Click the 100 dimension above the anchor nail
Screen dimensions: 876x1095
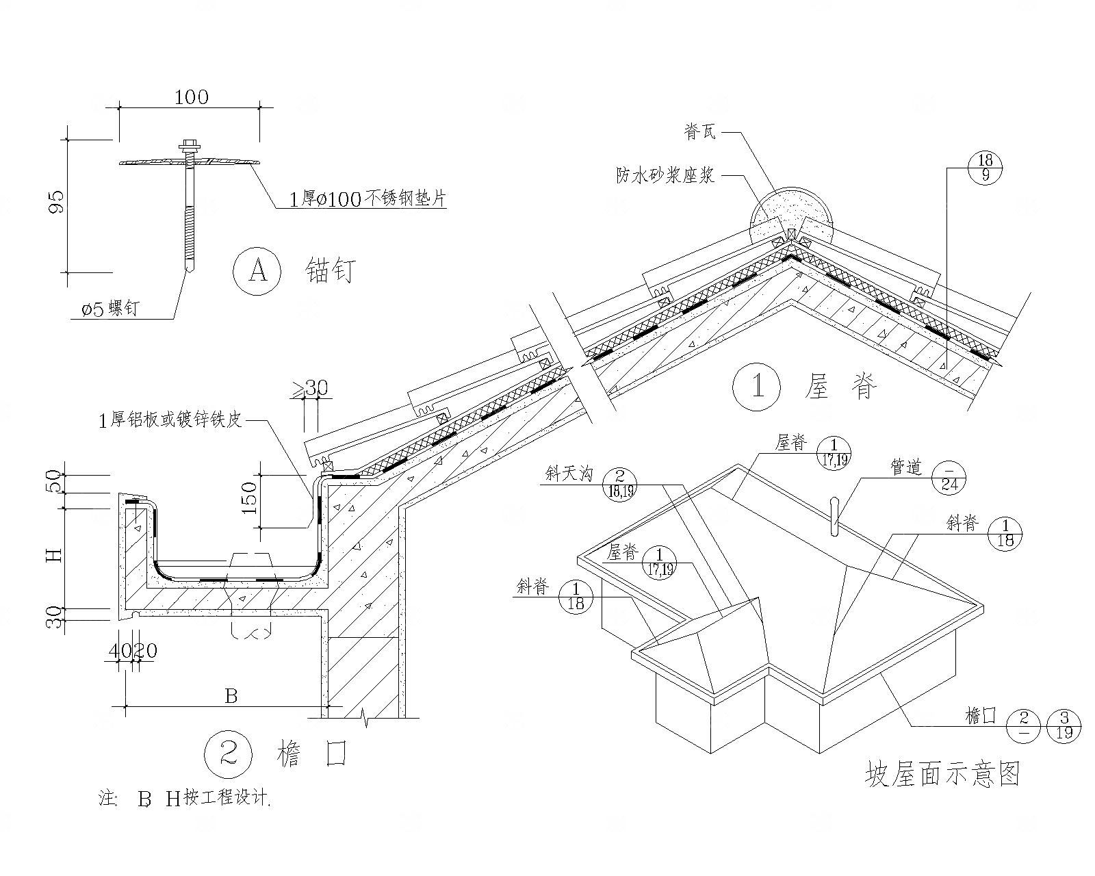pyautogui.click(x=191, y=97)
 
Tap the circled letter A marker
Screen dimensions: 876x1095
pyautogui.click(x=257, y=272)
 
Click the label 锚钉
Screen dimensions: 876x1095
pyautogui.click(x=330, y=272)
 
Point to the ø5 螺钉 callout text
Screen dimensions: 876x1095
pyautogui.click(x=110, y=309)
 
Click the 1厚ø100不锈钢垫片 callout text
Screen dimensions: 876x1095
pyautogui.click(x=368, y=198)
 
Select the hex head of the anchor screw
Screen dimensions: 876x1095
pyautogui.click(x=188, y=146)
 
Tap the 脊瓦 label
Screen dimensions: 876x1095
pyautogui.click(x=699, y=132)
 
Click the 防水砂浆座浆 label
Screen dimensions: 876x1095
pyautogui.click(x=665, y=175)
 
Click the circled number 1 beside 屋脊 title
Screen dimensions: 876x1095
pyautogui.click(x=757, y=387)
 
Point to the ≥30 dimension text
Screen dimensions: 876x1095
pyautogui.click(x=311, y=388)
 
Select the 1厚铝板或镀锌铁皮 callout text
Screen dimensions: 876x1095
pyautogui.click(x=170, y=420)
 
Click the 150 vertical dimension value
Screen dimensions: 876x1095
pyautogui.click(x=249, y=498)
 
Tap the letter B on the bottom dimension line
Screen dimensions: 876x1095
pyautogui.click(x=231, y=696)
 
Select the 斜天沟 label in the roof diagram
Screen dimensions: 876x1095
pyautogui.click(x=569, y=474)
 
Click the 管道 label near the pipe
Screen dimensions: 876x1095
pyautogui.click(x=906, y=468)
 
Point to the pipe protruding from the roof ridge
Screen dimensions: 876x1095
pyautogui.click(x=834, y=515)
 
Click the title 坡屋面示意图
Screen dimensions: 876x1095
pyautogui.click(x=942, y=774)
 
